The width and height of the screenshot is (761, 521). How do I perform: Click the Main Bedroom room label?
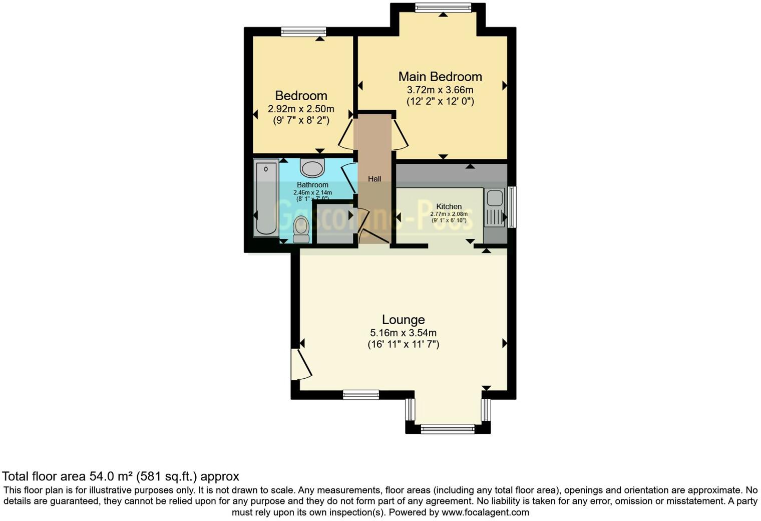(440, 77)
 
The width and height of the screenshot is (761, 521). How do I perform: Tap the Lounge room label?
(403, 320)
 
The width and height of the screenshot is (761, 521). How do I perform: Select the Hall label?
(374, 179)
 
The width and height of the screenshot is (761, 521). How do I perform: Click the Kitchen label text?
(449, 206)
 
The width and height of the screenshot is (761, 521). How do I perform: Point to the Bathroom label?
(312, 185)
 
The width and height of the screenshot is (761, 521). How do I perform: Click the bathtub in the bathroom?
(266, 197)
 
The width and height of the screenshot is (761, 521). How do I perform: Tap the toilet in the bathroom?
(301, 228)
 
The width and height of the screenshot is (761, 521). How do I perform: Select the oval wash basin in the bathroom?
(312, 168)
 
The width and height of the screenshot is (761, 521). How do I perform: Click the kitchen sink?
(495, 198)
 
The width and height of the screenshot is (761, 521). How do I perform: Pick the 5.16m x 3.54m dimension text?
(403, 333)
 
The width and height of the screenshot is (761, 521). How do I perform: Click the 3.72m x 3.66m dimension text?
(440, 90)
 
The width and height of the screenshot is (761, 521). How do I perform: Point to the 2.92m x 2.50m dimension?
(301, 109)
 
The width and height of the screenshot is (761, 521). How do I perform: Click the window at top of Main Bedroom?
(443, 8)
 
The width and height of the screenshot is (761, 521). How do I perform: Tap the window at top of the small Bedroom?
(303, 32)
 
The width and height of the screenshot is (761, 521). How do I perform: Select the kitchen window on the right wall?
(512, 207)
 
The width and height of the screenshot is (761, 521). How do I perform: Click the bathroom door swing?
(349, 178)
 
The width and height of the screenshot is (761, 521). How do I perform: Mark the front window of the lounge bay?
(448, 428)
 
